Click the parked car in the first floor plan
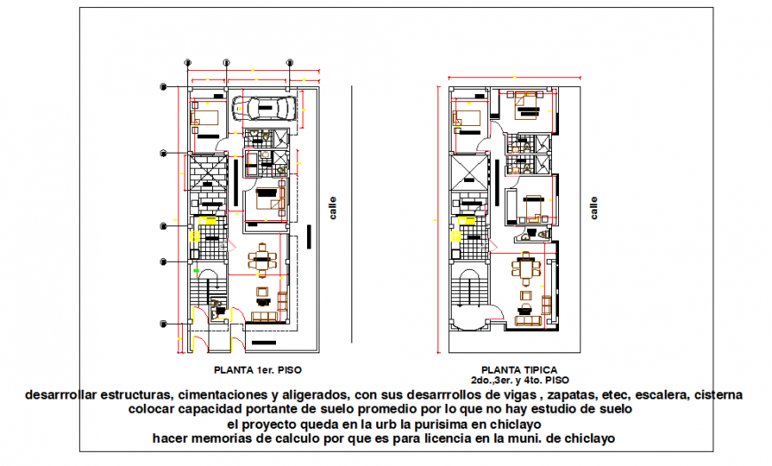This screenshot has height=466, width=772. tap(264, 108)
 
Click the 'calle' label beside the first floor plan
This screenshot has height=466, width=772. tap(333, 209)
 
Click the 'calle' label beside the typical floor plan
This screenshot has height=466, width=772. tap(594, 209)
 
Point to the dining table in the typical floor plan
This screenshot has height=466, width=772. tap(528, 265)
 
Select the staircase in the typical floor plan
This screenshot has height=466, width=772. tap(468, 293)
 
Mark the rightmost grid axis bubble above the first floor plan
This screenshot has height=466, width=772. tap(289, 62)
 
